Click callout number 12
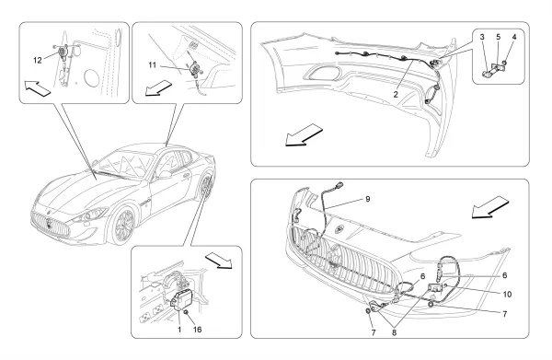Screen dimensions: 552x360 click(x=38, y=60)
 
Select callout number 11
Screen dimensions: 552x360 click(x=152, y=65)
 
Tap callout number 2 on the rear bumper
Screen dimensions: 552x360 click(x=396, y=95)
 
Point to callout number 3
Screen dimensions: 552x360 click(x=482, y=37)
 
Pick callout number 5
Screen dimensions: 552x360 click(x=498, y=37)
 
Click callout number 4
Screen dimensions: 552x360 click(x=514, y=37)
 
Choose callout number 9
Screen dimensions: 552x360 click(x=368, y=199)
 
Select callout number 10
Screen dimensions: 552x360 click(x=507, y=294)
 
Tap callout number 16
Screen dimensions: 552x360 click(x=198, y=330)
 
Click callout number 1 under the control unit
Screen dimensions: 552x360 click(x=179, y=330)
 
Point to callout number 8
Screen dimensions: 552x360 click(x=394, y=332)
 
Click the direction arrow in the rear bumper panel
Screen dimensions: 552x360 click(x=304, y=135)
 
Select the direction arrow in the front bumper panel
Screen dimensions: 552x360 click(x=490, y=208)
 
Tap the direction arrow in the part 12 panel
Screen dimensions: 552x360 click(x=38, y=88)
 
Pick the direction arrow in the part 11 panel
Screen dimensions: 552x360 click(x=158, y=87)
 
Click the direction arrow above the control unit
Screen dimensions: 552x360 click(x=219, y=260)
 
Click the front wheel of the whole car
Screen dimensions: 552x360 click(x=123, y=226)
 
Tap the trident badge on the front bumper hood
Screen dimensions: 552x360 click(x=339, y=228)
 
